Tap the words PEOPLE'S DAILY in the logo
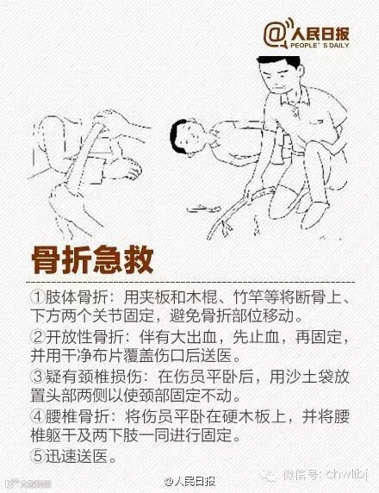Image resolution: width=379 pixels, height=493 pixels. point(320,46)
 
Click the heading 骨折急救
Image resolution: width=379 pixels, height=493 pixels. point(92,260)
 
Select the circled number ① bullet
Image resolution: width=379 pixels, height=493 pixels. point(38,297)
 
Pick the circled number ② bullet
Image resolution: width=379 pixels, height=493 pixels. point(38,337)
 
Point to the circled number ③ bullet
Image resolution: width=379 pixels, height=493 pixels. point(38,377)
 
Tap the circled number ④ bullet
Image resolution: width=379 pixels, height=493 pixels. point(38,416)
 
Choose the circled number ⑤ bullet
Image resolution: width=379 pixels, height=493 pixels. point(38,456)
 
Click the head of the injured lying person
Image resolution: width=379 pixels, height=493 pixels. point(188,137)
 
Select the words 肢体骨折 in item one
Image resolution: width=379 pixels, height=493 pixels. point(77,297)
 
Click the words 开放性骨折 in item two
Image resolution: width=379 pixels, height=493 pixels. point(84,337)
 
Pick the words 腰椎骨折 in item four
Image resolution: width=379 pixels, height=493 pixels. point(77,416)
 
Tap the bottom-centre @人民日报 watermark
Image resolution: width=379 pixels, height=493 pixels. point(190,482)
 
